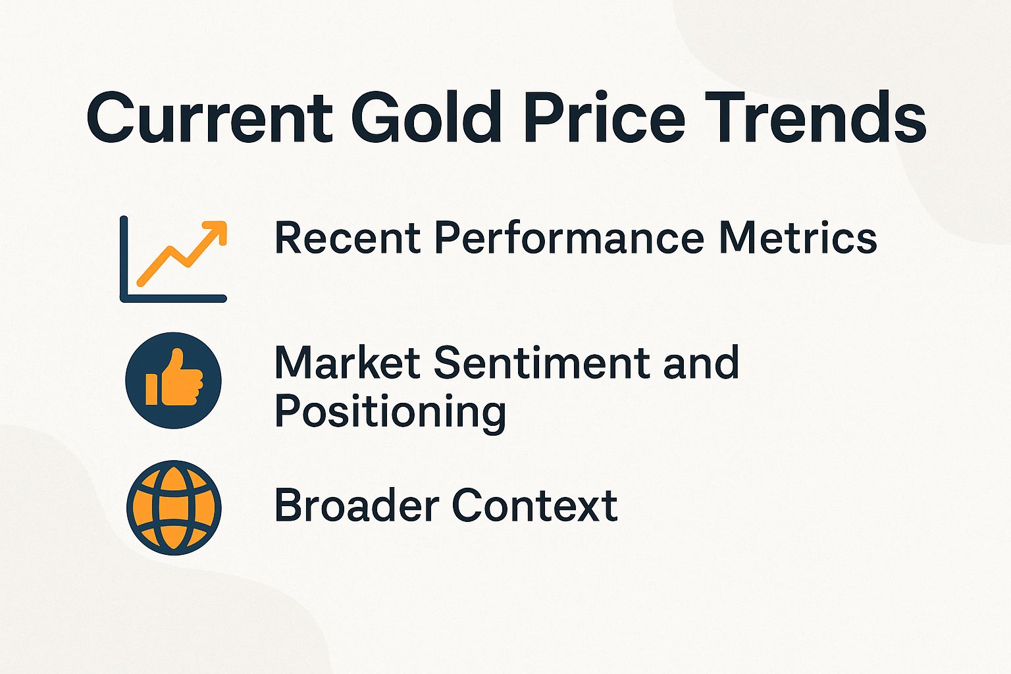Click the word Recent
pos(347,238)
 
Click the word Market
pos(347,363)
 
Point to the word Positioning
pos(390,412)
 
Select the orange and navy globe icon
pos(174,507)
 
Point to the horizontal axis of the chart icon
pos(174,298)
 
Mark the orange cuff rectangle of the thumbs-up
pos(151,389)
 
